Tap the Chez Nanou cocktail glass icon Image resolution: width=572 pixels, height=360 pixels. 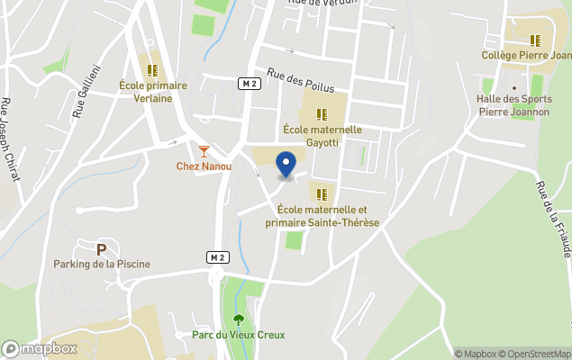coord(204,150)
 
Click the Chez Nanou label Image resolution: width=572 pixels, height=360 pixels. coord(204,166)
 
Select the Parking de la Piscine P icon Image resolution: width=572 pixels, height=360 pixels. coord(101,248)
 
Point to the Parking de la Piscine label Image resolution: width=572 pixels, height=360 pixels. coord(101,264)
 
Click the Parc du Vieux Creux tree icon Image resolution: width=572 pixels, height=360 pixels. coord(238,319)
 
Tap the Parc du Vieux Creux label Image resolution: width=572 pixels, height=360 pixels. coord(238,335)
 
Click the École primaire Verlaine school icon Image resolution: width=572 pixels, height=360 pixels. coord(152,69)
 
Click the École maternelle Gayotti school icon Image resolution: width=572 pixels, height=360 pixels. coord(322,114)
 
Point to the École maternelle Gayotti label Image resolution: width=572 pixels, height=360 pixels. coord(322,136)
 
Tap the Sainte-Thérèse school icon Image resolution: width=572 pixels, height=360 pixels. coord(322,193)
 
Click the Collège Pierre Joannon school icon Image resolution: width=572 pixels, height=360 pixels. coord(535,40)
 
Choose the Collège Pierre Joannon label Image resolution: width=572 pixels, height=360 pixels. coord(527,56)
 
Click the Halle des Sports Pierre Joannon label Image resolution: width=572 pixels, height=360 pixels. coord(513,107)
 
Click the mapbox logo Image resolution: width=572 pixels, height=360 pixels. coord(40,348)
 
